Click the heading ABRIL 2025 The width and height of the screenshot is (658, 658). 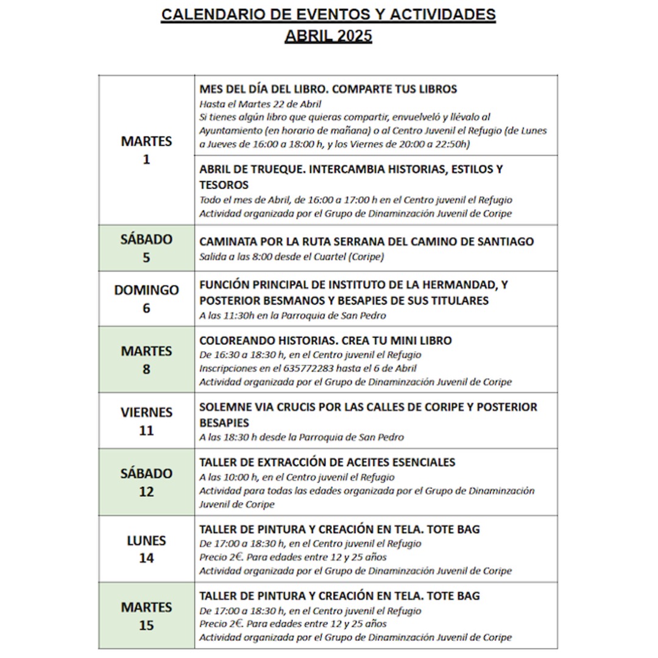coord(328,36)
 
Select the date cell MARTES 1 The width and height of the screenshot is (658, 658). coord(146,150)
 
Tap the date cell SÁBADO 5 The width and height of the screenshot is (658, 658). coord(146,248)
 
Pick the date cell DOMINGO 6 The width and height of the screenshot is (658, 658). coord(146,299)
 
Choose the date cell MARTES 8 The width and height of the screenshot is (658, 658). coord(146,359)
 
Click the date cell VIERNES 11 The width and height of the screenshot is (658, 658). coord(146,421)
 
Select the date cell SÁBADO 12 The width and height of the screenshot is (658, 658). coord(146,482)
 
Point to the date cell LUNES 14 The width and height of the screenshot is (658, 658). coord(146,549)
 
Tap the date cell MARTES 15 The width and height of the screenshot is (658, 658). coord(146,616)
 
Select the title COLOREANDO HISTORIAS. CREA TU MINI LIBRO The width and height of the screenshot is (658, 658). coord(325,341)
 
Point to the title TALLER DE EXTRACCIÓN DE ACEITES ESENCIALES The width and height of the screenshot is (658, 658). coord(327,462)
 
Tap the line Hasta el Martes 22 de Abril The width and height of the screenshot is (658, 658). coord(260,104)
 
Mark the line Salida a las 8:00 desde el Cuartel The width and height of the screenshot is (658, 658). coord(291,256)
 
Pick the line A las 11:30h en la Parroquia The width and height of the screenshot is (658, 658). coord(292,316)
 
